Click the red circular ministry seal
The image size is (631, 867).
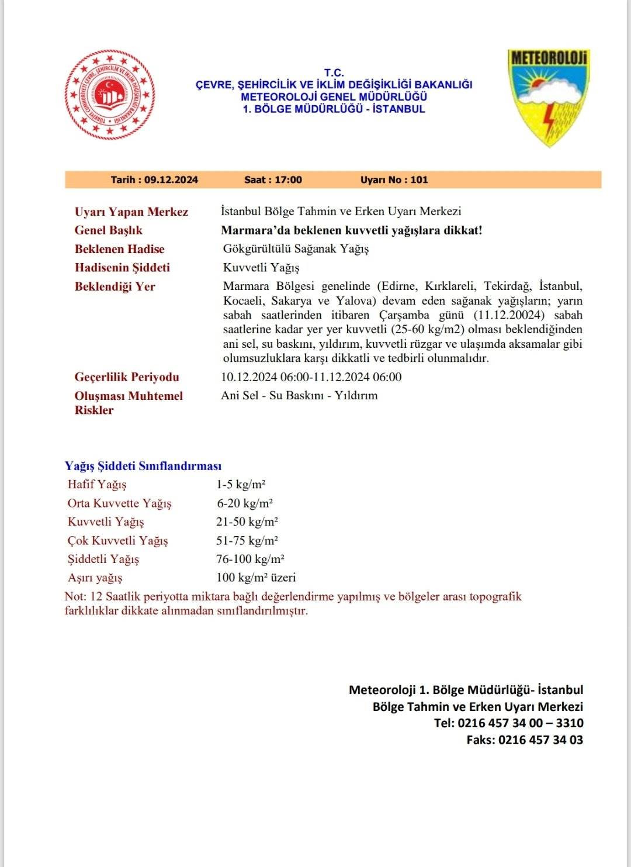[x=110, y=95]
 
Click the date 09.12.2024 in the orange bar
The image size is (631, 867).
[x=171, y=179]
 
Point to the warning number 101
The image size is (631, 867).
[x=419, y=179]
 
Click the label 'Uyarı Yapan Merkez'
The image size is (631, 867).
[x=131, y=212]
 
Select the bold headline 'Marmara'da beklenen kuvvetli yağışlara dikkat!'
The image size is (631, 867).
[x=351, y=230]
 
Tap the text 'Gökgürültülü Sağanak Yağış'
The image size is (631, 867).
[x=296, y=248]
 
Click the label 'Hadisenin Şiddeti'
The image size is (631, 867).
[x=122, y=268]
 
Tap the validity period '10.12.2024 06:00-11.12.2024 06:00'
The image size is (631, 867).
[x=311, y=376]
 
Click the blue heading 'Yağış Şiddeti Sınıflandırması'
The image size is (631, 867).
[x=143, y=466]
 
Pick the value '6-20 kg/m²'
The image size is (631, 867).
[x=245, y=503]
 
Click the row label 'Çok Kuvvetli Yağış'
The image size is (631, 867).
[x=117, y=540]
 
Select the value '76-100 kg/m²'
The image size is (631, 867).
[x=250, y=559]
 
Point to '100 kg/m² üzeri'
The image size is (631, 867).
[x=256, y=578]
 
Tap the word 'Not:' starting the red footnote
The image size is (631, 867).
[x=75, y=597]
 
